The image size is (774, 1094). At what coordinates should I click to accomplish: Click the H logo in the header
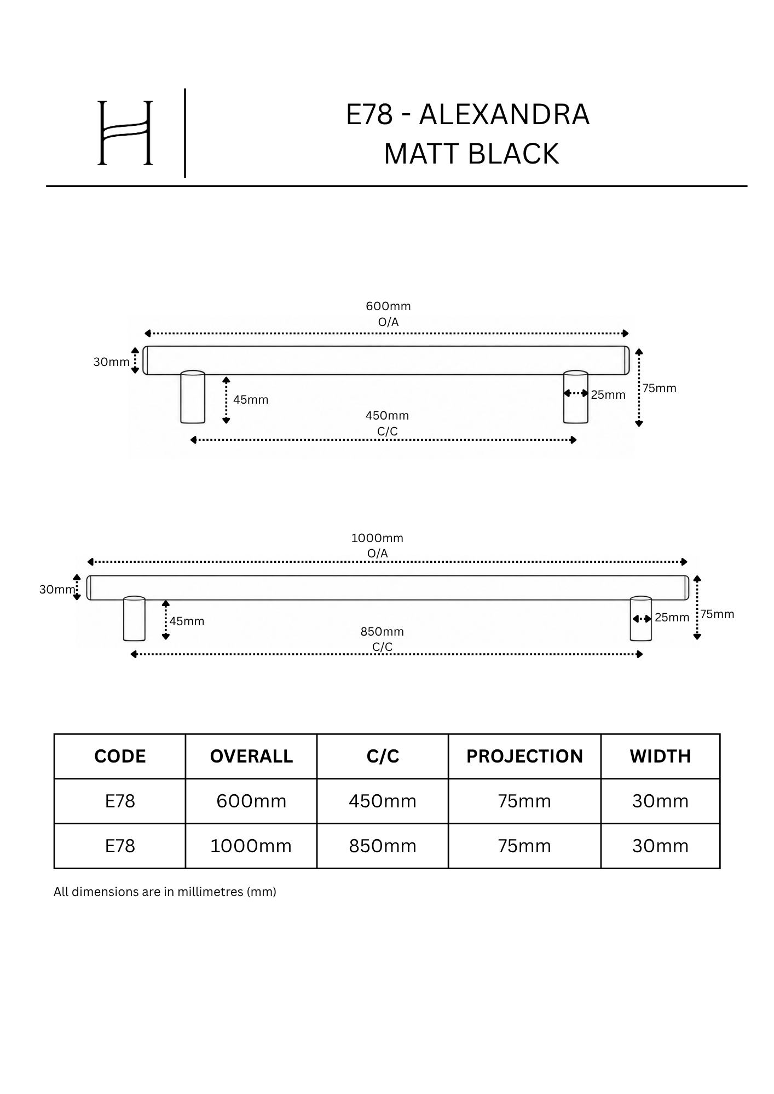(x=125, y=133)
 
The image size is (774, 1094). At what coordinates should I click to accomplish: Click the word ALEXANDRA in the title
(x=504, y=114)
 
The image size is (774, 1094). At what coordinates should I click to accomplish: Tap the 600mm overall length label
(x=388, y=306)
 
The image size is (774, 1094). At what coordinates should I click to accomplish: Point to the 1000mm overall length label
(x=377, y=538)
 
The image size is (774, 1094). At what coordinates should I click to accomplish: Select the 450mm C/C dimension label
(x=387, y=416)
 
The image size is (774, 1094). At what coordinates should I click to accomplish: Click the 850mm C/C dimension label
(x=382, y=632)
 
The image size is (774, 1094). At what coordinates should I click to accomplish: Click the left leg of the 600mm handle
(x=193, y=398)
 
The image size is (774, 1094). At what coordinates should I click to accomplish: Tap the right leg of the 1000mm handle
(x=641, y=619)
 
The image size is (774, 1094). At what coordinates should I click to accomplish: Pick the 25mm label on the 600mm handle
(x=608, y=395)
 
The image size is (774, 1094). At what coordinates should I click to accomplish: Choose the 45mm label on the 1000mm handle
(x=187, y=621)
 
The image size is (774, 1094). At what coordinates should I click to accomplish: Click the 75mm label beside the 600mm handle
(x=660, y=388)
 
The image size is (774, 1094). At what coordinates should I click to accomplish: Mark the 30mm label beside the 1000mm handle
(x=57, y=590)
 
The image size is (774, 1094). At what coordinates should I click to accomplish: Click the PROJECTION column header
(x=524, y=757)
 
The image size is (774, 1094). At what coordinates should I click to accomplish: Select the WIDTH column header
(x=660, y=757)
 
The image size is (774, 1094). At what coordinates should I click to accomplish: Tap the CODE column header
(x=120, y=757)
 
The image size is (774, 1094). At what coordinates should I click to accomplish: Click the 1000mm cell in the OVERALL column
(x=251, y=846)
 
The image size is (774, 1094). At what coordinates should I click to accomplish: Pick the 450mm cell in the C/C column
(x=383, y=801)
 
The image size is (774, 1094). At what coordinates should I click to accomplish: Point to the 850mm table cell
(x=383, y=846)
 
